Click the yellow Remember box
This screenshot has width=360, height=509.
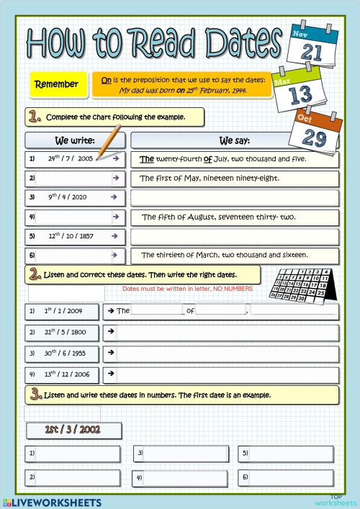[57, 84]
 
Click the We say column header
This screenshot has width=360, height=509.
[234, 140]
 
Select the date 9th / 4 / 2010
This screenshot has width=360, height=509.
[68, 197]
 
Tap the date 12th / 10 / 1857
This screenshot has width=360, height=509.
[69, 235]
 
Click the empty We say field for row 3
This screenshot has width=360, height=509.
[235, 197]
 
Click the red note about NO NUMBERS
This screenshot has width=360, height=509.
[188, 289]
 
